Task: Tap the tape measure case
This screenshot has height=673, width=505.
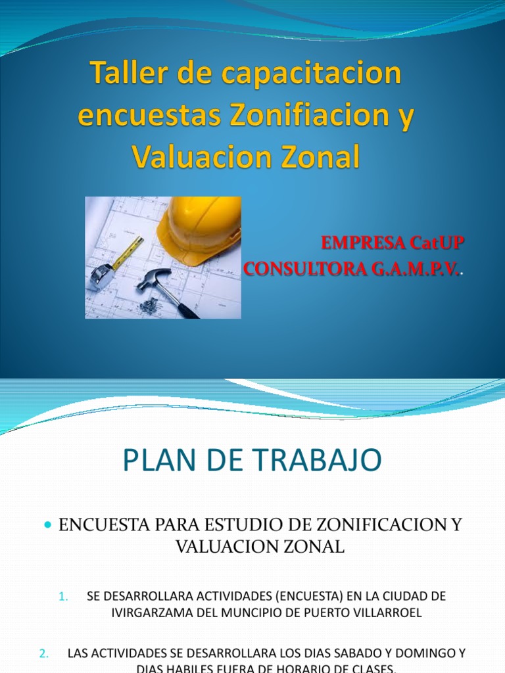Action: tap(101, 275)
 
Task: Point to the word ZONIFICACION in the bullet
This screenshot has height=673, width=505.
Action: tap(367, 525)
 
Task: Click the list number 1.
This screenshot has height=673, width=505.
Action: tap(63, 597)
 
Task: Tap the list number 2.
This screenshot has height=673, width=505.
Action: tap(44, 635)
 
